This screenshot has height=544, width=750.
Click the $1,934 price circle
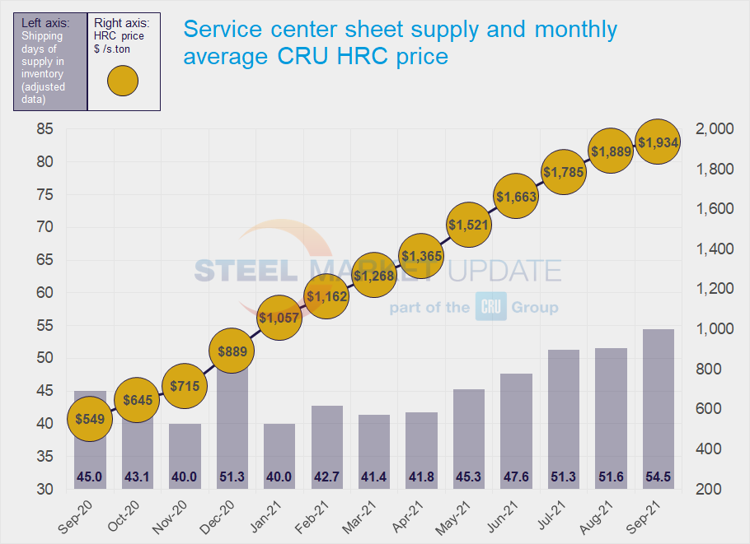tap(659, 142)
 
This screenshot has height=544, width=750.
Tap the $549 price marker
tap(89, 418)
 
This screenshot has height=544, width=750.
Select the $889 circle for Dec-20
tap(232, 351)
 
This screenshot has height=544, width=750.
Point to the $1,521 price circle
tap(469, 224)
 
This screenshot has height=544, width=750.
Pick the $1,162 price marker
tap(326, 294)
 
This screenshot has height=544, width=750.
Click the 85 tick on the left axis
tap(45, 129)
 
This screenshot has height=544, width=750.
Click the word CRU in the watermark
tap(490, 308)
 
